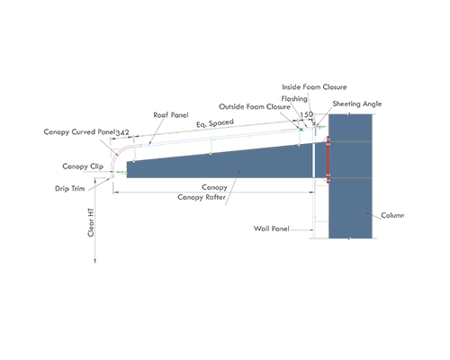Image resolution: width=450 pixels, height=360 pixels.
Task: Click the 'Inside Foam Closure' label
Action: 314,87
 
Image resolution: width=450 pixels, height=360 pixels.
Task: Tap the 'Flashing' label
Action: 294,99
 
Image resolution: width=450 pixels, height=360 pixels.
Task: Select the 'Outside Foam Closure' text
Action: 255,107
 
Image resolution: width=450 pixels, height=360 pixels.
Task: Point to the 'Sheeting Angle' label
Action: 357,103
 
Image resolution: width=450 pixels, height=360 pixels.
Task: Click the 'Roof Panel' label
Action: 171,115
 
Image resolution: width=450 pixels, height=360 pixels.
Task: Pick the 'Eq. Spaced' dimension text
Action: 215,123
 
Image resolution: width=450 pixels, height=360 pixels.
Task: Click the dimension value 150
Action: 306,114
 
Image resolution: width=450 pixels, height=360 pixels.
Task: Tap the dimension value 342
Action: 122,132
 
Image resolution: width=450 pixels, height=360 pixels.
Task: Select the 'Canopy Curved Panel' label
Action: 79,132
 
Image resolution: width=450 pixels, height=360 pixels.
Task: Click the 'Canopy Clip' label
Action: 83,166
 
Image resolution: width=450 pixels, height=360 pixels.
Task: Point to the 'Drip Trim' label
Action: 70,188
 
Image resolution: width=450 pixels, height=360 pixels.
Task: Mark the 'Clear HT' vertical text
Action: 91,222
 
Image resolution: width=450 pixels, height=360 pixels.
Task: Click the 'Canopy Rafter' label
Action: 202,197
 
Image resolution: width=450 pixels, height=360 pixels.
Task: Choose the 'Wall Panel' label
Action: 272,229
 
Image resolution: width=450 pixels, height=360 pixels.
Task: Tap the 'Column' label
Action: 392,215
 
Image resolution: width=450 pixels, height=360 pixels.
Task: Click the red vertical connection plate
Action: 328,159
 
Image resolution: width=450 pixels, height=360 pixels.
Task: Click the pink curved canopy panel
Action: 118,156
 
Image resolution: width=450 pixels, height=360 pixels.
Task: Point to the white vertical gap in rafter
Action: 314,160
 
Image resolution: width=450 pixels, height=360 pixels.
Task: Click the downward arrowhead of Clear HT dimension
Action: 95,260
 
